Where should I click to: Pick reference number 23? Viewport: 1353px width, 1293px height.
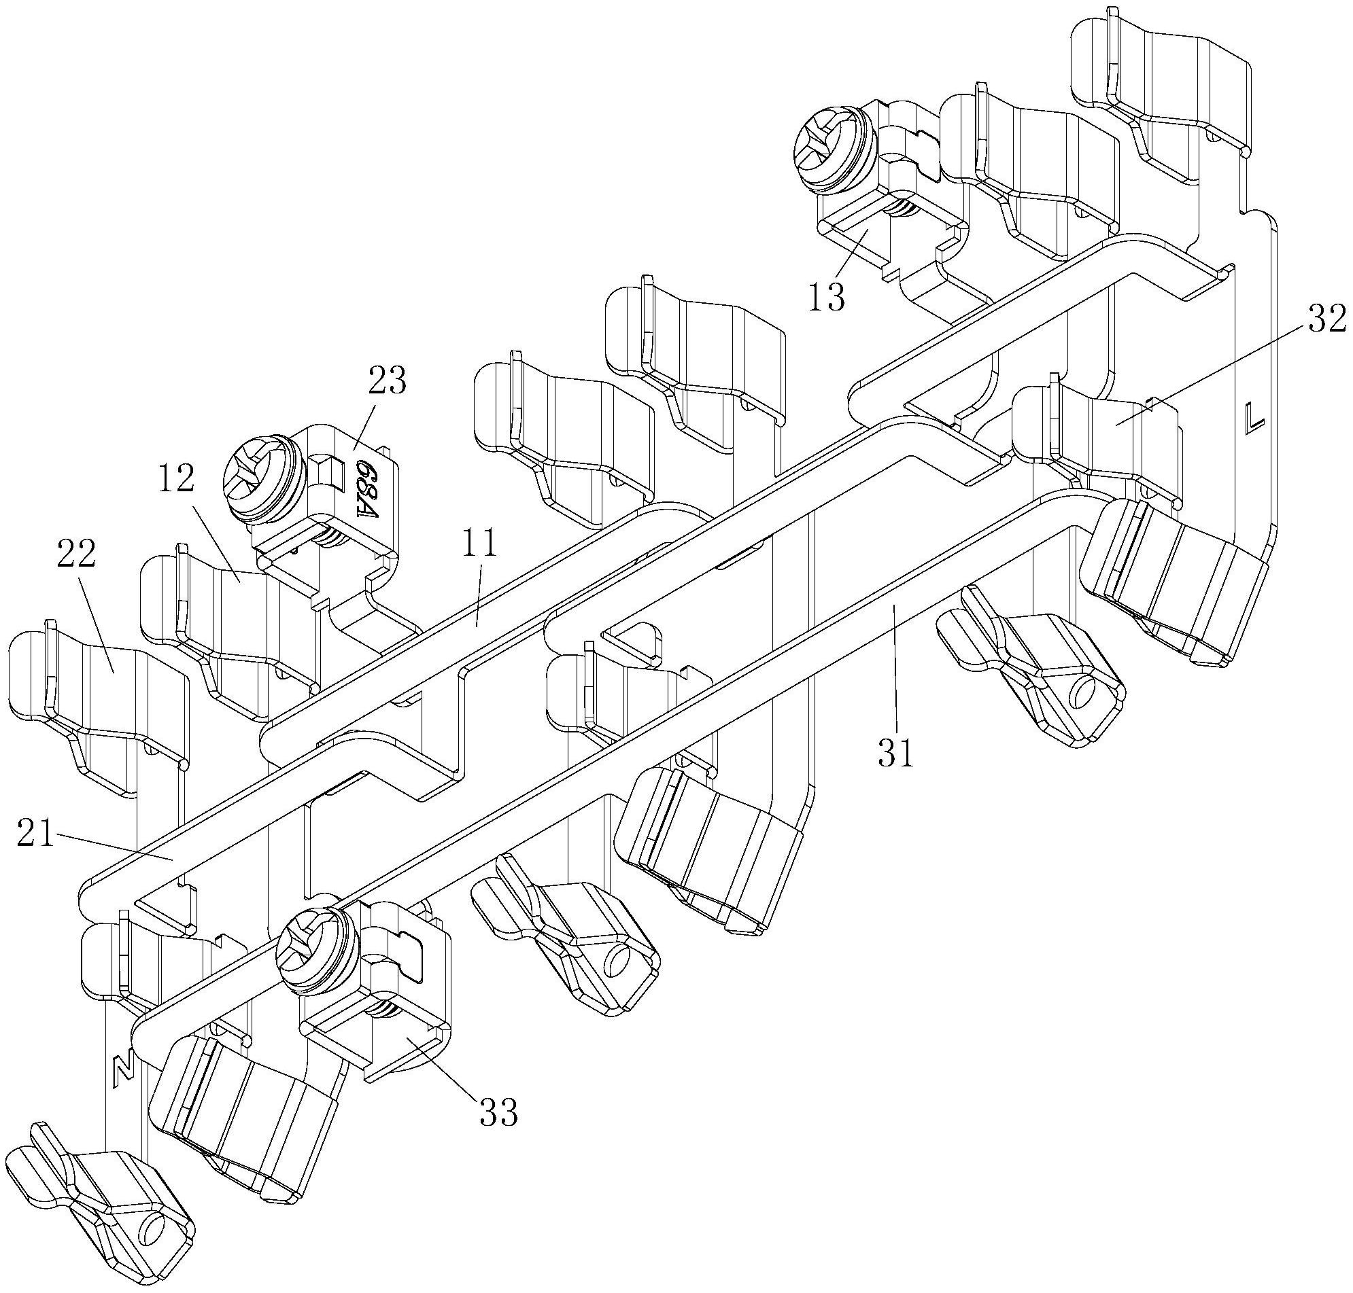coord(388,380)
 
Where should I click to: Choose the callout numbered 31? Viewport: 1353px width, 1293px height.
coord(896,753)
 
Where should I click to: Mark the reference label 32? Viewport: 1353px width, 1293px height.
coord(1326,319)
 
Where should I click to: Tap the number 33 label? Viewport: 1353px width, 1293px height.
coord(498,1112)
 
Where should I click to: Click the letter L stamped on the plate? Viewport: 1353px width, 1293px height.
coord(1254,418)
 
